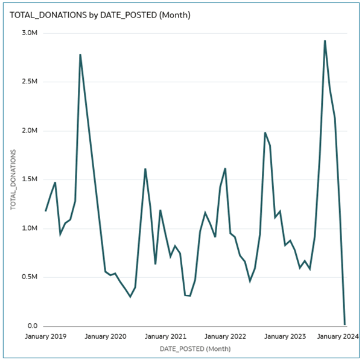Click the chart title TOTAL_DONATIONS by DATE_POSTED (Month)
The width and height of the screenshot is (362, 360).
[x=100, y=14]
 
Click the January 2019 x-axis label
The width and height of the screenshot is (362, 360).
[x=46, y=336]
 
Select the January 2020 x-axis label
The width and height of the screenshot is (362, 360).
[x=106, y=336]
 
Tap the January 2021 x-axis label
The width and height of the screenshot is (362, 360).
[x=165, y=336]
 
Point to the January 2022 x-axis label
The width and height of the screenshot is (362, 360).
[x=225, y=336]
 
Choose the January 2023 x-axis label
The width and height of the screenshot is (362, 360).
[x=285, y=336]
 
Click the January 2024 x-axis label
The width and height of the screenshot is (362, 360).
[x=338, y=336]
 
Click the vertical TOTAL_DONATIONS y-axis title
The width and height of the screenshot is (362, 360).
[x=13, y=179]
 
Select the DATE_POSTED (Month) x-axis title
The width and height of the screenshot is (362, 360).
[x=195, y=349]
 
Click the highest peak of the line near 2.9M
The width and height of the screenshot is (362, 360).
[x=325, y=41]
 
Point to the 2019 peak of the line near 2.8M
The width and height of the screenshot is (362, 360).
[x=80, y=55]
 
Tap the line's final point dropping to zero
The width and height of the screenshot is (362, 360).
[x=345, y=324]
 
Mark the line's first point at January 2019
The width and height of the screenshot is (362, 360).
[x=45, y=211]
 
